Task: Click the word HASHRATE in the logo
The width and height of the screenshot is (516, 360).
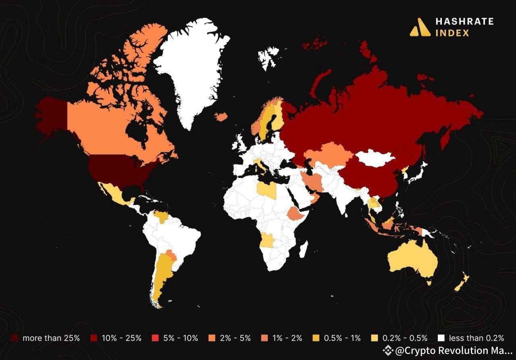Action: [x=464, y=21]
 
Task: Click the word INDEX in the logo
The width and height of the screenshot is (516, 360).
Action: [x=452, y=33]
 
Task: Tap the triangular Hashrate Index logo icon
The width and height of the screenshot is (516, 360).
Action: [x=420, y=27]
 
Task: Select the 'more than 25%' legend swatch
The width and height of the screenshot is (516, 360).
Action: [x=15, y=338]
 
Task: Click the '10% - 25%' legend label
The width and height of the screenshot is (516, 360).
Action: [x=121, y=338]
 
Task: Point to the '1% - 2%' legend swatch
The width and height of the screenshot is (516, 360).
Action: [x=264, y=338]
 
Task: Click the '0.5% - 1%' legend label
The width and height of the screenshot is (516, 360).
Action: [x=342, y=338]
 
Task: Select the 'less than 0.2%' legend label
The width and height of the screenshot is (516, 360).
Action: [x=477, y=338]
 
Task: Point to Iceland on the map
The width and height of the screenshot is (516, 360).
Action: [x=221, y=117]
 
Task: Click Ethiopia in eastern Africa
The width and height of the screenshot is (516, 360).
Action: [x=296, y=214]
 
